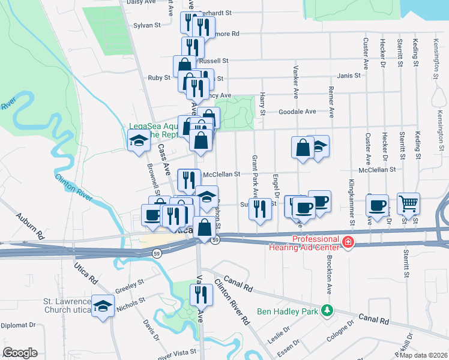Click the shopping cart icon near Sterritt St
click(408, 204)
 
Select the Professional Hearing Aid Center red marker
click(348, 242)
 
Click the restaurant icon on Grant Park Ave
click(259, 208)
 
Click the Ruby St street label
click(159, 78)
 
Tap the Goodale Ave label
click(297, 112)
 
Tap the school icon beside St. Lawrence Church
click(103, 306)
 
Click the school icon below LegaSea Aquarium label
click(139, 141)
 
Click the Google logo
click(20, 353)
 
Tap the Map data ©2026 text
click(423, 355)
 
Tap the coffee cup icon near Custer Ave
click(378, 206)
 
